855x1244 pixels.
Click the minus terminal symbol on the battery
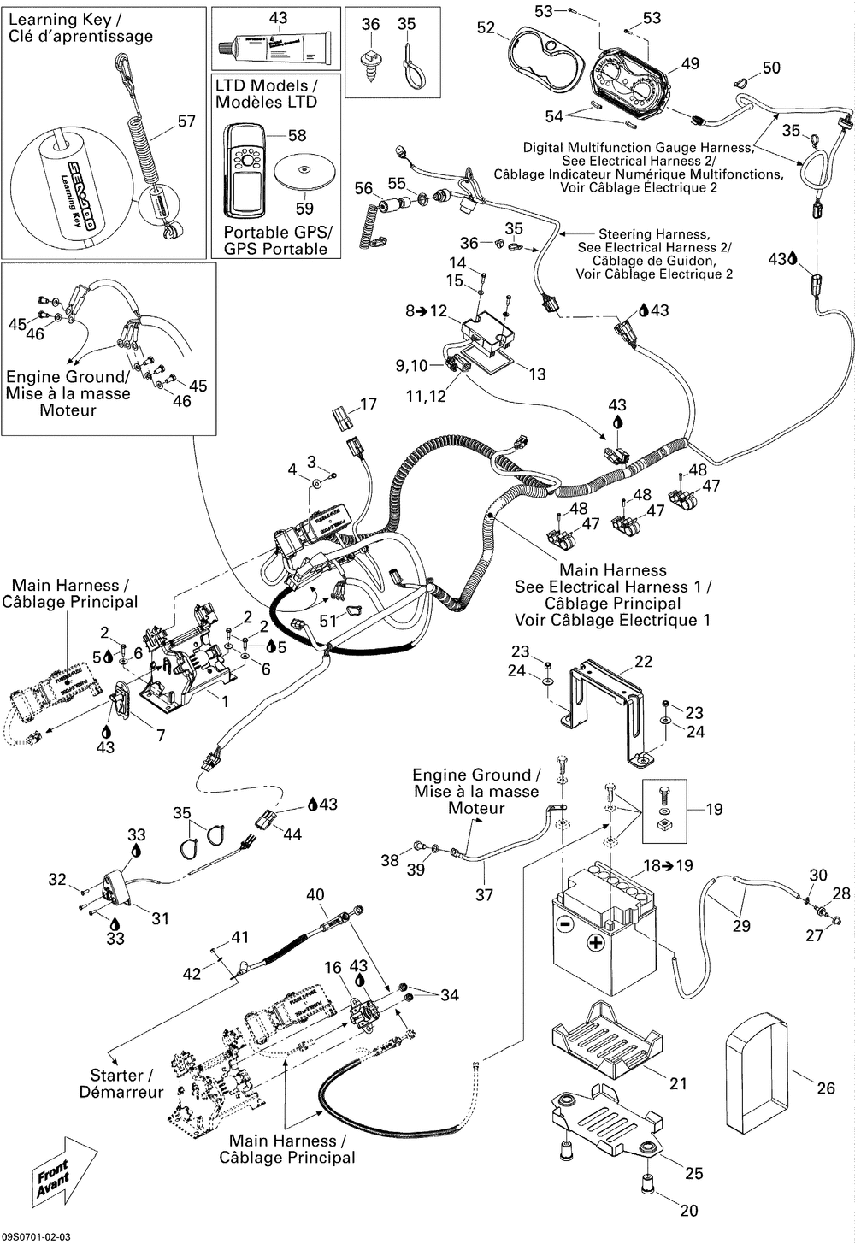pos(564,925)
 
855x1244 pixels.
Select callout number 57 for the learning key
pos(186,121)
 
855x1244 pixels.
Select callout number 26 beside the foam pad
pos(825,1088)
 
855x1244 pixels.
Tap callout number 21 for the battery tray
pos(678,1083)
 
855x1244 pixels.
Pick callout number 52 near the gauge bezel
pos(486,28)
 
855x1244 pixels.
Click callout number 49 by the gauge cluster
pos(690,63)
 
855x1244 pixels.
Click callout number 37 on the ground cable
pos(485,895)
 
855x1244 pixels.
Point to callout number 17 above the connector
pos(368,404)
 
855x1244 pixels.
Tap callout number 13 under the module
pos(537,374)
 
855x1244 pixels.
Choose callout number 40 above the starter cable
pos(315,894)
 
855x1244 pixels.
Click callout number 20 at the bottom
pos(689,1210)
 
